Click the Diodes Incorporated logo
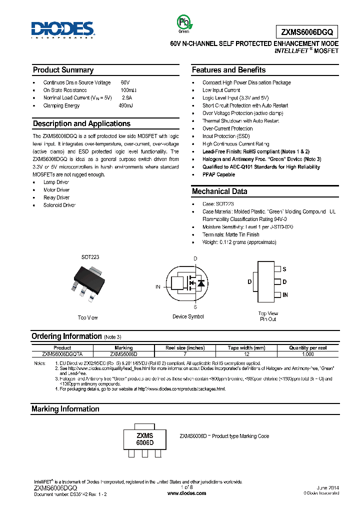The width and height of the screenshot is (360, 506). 62,29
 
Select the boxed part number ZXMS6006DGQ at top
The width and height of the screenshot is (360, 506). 306,32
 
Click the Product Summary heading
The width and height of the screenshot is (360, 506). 63,70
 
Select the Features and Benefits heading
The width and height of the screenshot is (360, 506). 228,70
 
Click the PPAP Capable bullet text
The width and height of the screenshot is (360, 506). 218,174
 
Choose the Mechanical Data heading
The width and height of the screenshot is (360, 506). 219,191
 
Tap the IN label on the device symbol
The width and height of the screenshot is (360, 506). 158,287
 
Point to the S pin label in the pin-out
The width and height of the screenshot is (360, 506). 284,269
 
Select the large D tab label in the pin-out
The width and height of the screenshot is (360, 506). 249,282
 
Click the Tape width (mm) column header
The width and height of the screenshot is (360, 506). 246,347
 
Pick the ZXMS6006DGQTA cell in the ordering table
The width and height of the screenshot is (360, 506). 62,353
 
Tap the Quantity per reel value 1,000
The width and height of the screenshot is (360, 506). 308,353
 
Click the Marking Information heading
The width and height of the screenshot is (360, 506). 65,409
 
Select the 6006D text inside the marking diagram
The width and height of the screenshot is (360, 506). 144,443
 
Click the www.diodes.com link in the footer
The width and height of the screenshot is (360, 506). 186,493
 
